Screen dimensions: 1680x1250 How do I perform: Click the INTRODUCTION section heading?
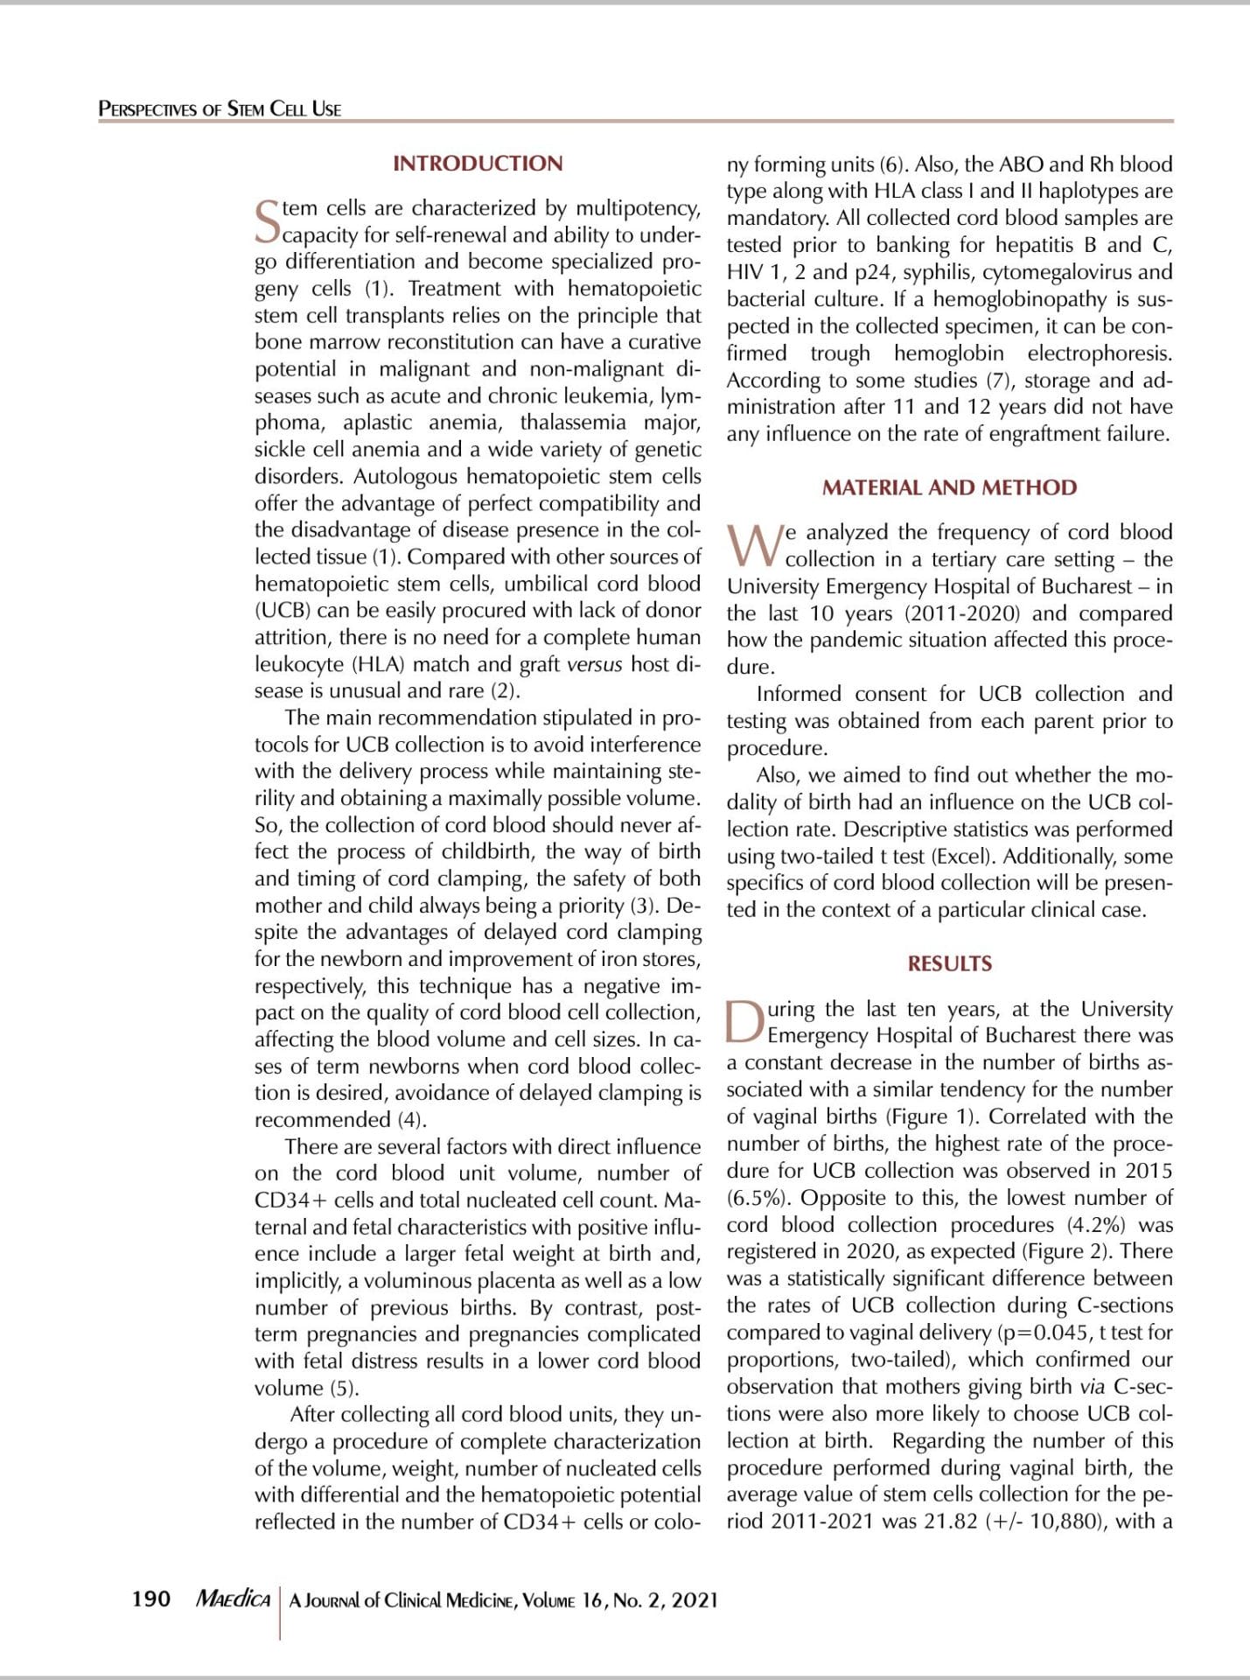[478, 164]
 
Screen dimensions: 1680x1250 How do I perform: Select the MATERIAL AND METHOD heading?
[949, 487]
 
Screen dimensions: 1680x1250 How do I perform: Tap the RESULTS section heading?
[949, 963]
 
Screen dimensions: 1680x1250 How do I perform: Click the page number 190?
[150, 1599]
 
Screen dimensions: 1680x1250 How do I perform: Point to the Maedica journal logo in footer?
[233, 1599]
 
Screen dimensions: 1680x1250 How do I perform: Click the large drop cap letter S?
[267, 222]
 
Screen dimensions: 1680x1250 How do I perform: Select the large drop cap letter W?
[754, 546]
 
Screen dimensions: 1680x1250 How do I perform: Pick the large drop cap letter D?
[745, 1022]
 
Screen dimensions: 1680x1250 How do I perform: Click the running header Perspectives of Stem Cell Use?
[220, 109]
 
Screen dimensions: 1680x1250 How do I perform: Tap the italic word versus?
[594, 664]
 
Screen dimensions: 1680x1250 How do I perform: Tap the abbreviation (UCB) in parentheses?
[283, 611]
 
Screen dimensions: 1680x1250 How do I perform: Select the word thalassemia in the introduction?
[573, 423]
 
